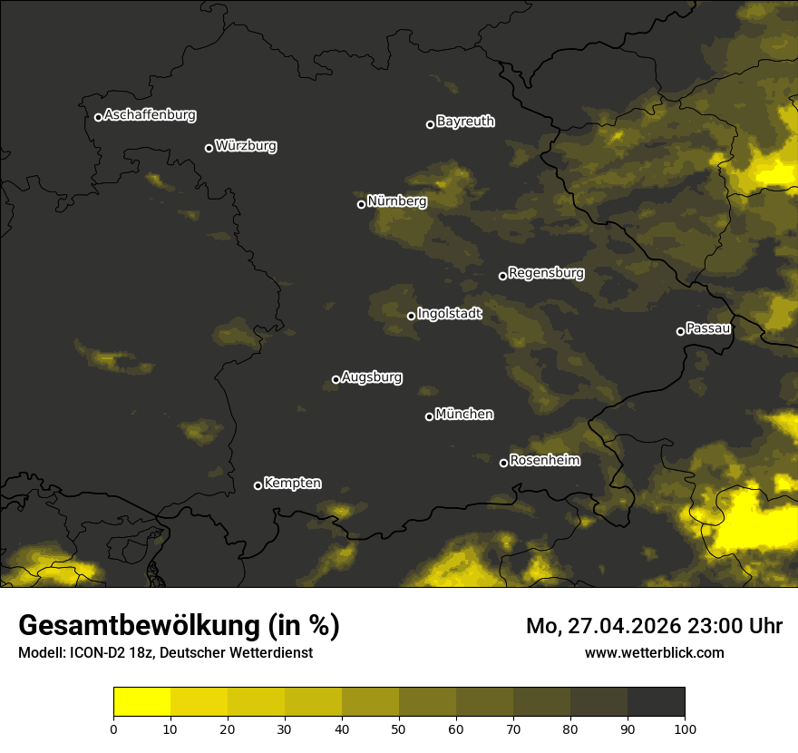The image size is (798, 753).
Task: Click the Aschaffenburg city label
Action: point(150,115)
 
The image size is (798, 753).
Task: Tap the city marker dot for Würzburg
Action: point(209,148)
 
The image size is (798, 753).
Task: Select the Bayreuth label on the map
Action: point(465,122)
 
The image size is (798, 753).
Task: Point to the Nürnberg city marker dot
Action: point(361,204)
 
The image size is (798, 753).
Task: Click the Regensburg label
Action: point(546,273)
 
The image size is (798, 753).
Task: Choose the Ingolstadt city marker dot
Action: point(411,316)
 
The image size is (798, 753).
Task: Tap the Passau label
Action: point(708,328)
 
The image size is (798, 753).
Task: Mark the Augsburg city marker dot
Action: point(336,379)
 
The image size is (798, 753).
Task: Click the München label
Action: point(464,415)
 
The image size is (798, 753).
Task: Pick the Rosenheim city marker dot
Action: point(503,463)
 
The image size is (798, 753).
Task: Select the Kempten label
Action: point(292,484)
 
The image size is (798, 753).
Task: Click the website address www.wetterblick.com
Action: point(654,652)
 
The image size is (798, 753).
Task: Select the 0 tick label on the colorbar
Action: point(113,729)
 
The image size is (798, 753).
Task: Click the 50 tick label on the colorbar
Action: point(399,729)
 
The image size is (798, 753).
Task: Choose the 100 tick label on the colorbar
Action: point(685,729)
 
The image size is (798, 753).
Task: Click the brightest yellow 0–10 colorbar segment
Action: point(141,701)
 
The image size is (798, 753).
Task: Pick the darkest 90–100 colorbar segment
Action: point(656,701)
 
